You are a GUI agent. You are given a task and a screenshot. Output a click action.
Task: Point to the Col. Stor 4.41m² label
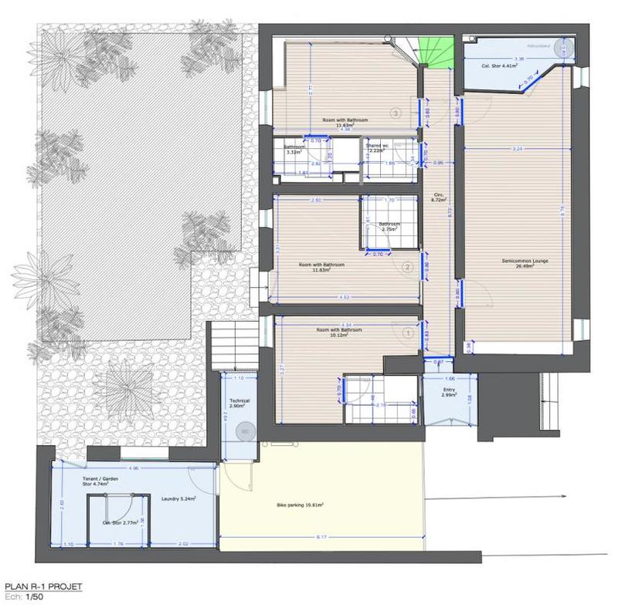tap(497, 66)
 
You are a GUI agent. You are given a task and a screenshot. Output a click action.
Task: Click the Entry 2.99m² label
tap(450, 391)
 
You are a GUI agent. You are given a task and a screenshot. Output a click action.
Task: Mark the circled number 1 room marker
tap(408, 333)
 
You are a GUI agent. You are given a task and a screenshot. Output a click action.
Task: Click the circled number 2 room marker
tap(408, 268)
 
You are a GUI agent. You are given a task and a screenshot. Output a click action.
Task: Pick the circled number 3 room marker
tap(396, 113)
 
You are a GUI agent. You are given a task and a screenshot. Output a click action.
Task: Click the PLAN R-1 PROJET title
tap(42, 587)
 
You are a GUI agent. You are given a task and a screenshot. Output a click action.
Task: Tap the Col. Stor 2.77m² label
tap(121, 522)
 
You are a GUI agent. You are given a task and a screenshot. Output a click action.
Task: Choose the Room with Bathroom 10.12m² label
tap(339, 332)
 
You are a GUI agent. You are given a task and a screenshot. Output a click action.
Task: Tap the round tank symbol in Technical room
tap(246, 431)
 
